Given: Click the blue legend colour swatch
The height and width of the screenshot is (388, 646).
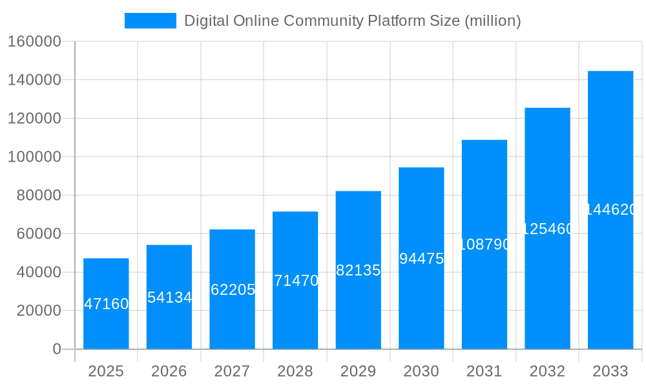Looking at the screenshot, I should tap(150, 21).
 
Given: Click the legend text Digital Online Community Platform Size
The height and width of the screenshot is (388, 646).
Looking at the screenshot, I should tap(352, 21).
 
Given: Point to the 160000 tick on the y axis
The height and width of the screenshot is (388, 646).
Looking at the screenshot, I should tap(34, 42).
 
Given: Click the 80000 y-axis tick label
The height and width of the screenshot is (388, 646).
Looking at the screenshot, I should tap(38, 195).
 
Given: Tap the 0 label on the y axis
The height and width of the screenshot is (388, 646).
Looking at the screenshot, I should tap(57, 349).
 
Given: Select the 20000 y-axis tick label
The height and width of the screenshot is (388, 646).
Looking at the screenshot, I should tap(38, 310).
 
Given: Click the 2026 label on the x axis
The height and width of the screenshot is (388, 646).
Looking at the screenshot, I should tap(169, 371).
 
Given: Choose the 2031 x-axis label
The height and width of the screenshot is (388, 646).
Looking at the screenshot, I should tap(484, 371).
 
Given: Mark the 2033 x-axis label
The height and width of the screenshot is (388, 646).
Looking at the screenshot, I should tap(610, 371).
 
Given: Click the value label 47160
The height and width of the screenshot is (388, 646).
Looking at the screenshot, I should tap(107, 304).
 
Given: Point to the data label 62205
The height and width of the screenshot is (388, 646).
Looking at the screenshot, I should tap(233, 290).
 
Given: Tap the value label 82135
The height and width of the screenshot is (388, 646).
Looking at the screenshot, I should tap(359, 270).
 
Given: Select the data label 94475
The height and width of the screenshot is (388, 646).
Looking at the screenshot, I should tap(421, 259).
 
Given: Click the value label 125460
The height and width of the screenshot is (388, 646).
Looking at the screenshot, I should tap(547, 229).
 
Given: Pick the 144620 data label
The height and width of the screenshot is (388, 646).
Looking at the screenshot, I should tap(611, 210).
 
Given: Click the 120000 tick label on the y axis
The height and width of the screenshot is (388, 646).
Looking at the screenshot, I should tap(34, 118).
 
